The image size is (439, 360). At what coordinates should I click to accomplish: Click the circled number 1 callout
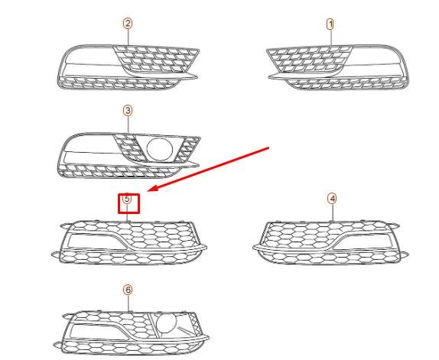[330, 24]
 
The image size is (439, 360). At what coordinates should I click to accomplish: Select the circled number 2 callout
[128, 24]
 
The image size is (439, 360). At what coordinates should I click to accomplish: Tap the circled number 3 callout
[128, 111]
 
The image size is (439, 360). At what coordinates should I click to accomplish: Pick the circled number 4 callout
[332, 198]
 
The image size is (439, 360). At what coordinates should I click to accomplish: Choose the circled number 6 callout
[128, 290]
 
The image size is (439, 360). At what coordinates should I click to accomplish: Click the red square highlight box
[128, 202]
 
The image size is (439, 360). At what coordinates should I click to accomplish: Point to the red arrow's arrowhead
[150, 190]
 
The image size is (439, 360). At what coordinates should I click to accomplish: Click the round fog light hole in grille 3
[159, 149]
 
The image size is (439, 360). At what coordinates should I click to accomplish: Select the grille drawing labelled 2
[130, 64]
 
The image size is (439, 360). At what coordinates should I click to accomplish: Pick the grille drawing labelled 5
[130, 241]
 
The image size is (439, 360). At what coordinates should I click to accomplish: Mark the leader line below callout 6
[128, 303]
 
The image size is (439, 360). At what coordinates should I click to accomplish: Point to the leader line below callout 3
[128, 124]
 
